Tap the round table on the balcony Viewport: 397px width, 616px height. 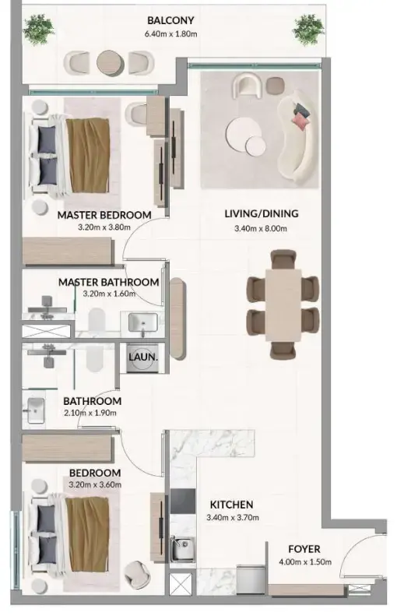click(109, 62)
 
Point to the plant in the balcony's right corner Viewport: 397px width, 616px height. click(308, 30)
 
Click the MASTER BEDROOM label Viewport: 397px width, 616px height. click(104, 215)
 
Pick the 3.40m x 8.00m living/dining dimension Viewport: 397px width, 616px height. click(261, 228)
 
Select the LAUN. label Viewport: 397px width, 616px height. click(143, 357)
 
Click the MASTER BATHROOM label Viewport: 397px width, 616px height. click(108, 282)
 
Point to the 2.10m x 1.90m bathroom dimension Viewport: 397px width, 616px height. click(92, 414)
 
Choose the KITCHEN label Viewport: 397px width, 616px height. click(231, 505)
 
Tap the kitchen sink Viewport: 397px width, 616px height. click(183, 548)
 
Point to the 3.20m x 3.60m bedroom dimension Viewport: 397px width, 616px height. click(94, 485)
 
